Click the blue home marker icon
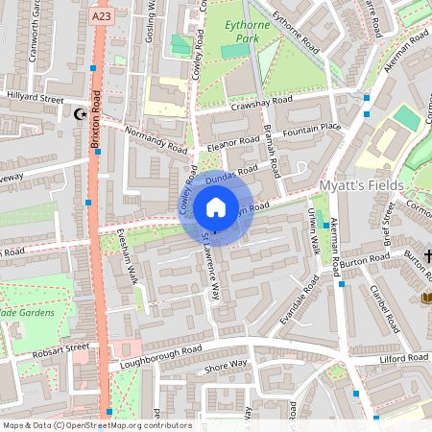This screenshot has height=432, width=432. point(216,207)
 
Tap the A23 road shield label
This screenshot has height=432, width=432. point(103,17)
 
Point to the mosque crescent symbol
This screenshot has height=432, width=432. point(80,114)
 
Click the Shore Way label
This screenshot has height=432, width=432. point(226,367)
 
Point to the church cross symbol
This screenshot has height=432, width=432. point(427,255)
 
